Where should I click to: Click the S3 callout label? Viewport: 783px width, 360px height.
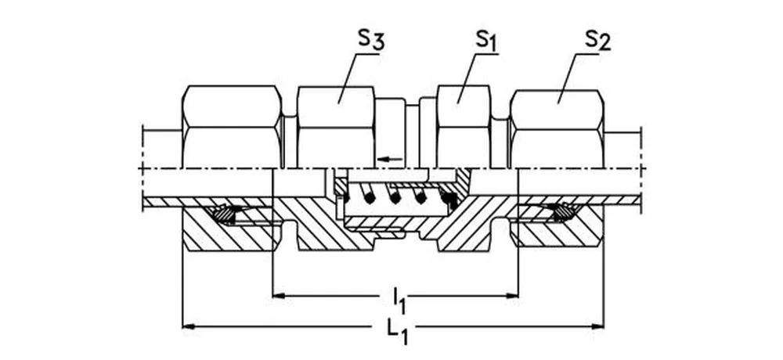(369, 41)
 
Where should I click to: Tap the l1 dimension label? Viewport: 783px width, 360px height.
(399, 299)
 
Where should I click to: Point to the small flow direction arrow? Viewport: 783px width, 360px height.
(389, 159)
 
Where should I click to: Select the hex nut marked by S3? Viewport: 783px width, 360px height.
(335, 125)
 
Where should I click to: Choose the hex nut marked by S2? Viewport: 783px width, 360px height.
(557, 125)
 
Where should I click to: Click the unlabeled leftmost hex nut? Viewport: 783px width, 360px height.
(231, 125)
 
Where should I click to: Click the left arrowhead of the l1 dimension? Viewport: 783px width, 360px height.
(277, 296)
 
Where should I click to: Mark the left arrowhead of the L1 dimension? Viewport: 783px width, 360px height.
(188, 325)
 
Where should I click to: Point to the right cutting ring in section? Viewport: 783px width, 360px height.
(559, 211)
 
